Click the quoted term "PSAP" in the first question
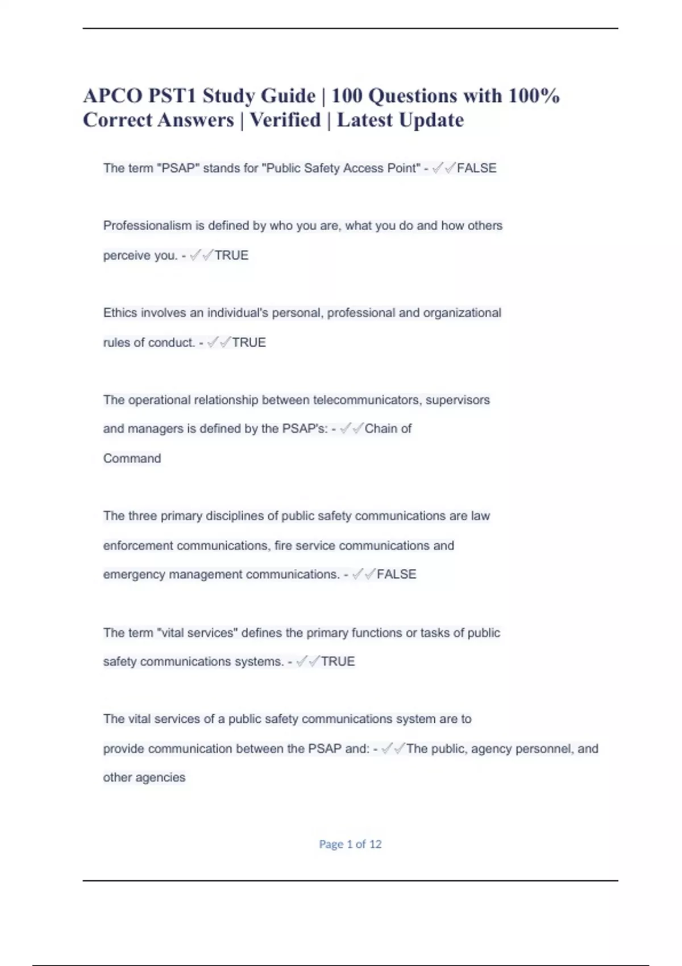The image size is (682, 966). [178, 168]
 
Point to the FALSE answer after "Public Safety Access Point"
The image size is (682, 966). [476, 168]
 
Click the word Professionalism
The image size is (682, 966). [147, 226]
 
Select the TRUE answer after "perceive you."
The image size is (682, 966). [231, 255]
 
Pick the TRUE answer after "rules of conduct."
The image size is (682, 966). [249, 342]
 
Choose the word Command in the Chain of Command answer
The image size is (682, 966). [132, 458]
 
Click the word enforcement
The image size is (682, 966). [138, 546]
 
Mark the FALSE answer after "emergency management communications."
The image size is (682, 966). [396, 574]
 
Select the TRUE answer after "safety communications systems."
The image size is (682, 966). [338, 661]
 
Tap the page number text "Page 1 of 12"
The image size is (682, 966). [350, 844]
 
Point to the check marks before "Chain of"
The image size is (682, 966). [351, 429]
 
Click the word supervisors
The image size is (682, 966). [458, 400]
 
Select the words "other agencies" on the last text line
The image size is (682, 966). [144, 777]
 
